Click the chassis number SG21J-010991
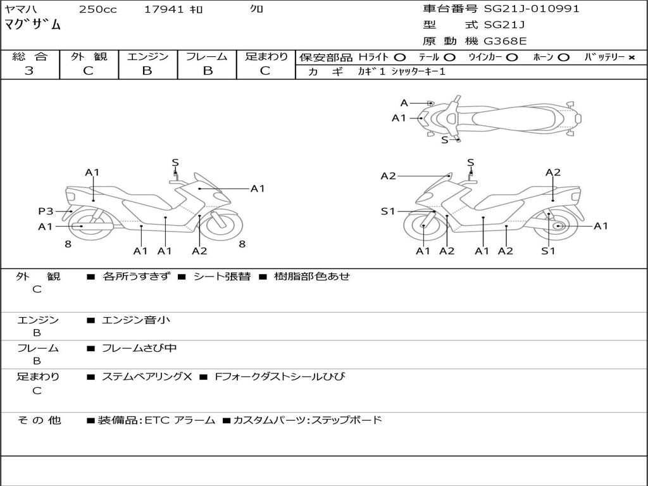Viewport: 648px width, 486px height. tap(532, 9)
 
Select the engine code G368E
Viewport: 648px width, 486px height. tap(505, 41)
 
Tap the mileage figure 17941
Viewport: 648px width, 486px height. tap(163, 9)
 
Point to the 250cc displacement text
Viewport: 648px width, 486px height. tap(97, 9)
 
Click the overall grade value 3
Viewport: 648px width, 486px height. tap(29, 71)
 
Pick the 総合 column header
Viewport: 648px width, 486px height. tap(29, 56)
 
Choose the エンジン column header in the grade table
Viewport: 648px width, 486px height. tap(147, 56)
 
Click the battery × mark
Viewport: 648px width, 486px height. tap(631, 57)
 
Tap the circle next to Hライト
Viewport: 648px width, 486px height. tap(400, 57)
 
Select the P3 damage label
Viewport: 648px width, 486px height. tap(46, 211)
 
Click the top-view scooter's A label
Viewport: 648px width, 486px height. tap(404, 103)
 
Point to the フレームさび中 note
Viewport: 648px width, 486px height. tap(139, 348)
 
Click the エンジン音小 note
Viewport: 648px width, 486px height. tap(136, 320)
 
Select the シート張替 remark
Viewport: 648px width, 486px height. tap(221, 276)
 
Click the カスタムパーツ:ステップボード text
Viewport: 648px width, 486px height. tap(308, 420)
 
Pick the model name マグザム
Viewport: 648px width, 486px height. tap(33, 25)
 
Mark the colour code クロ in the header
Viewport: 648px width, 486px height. tap(257, 9)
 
